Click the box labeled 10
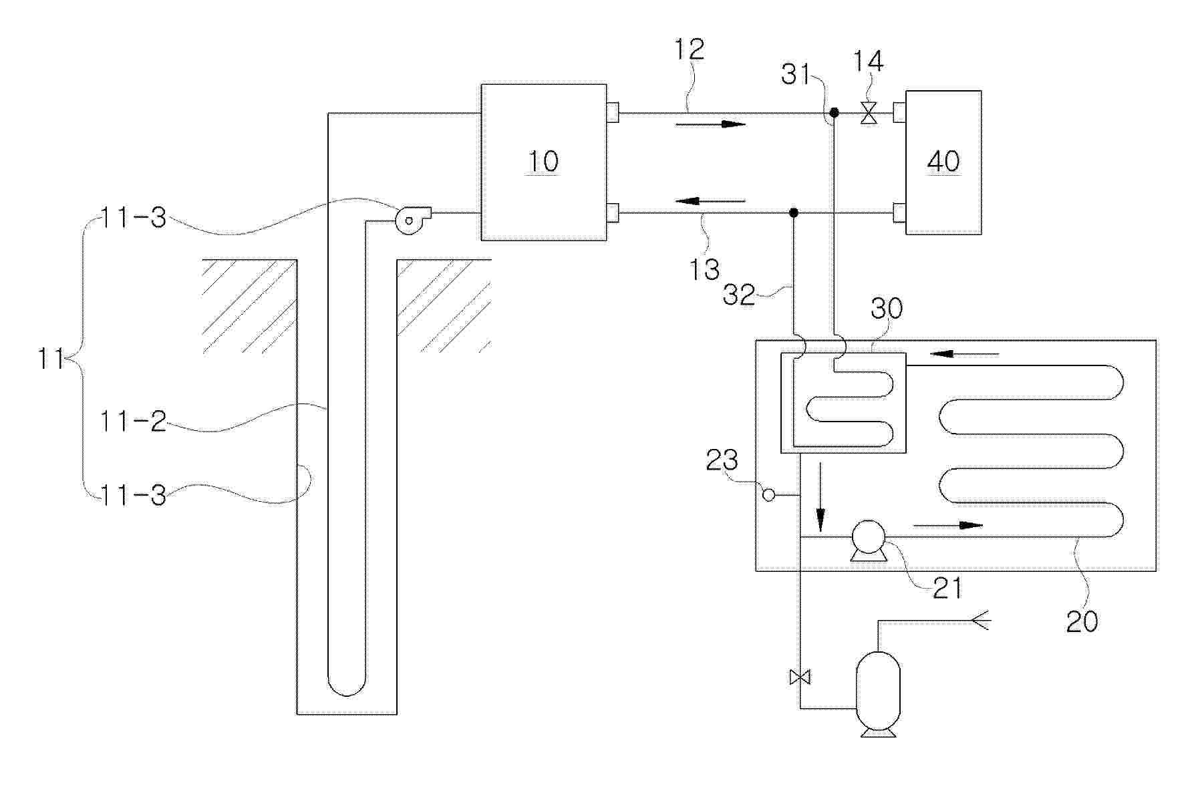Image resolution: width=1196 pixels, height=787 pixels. pyautogui.click(x=544, y=162)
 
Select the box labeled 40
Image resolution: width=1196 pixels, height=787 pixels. pyautogui.click(x=943, y=162)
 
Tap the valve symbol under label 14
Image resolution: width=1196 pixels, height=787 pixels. pyautogui.click(x=869, y=114)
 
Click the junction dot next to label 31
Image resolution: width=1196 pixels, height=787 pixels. pyautogui.click(x=834, y=112)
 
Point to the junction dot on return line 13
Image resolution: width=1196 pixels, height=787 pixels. pyautogui.click(x=793, y=213)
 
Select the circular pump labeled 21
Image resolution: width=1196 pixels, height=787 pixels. pyautogui.click(x=868, y=540)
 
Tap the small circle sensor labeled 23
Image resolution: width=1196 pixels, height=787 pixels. pyautogui.click(x=768, y=495)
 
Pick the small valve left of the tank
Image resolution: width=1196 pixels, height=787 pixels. pyautogui.click(x=800, y=677)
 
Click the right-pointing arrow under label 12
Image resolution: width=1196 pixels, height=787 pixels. pyautogui.click(x=710, y=124)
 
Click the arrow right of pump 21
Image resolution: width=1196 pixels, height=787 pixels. pyautogui.click(x=948, y=525)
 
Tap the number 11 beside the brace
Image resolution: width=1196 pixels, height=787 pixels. pyautogui.click(x=51, y=359)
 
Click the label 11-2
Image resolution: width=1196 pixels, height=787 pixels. pyautogui.click(x=133, y=422)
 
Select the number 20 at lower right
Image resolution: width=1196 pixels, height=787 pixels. pyautogui.click(x=1082, y=621)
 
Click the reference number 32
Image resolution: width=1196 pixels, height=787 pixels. pyautogui.click(x=739, y=295)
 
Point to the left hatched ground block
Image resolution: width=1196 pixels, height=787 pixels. pyautogui.click(x=250, y=306)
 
